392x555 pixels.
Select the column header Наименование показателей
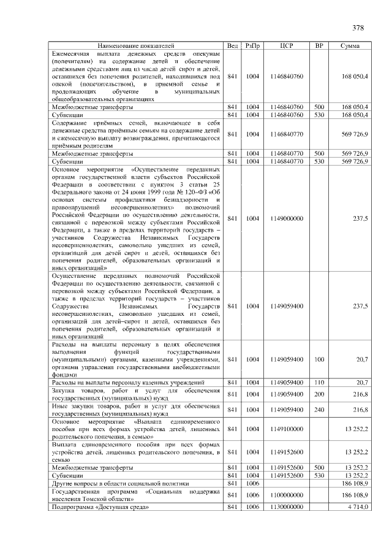pyautogui.click(x=136, y=45)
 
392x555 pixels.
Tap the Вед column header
pyautogui.click(x=233, y=45)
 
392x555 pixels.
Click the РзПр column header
pyautogui.click(x=252, y=45)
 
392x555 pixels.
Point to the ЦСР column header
pyautogui.click(x=286, y=45)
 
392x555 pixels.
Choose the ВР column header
pyautogui.click(x=318, y=45)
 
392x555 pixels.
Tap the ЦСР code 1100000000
pyautogui.click(x=286, y=494)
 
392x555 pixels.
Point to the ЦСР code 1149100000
pyautogui.click(x=286, y=429)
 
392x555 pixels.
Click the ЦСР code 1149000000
pyautogui.click(x=286, y=218)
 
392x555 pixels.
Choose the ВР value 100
pyautogui.click(x=318, y=359)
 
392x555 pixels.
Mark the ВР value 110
pyautogui.click(x=318, y=383)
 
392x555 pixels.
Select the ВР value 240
pyautogui.click(x=318, y=410)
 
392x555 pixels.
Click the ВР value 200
pyautogui.click(x=318, y=394)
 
